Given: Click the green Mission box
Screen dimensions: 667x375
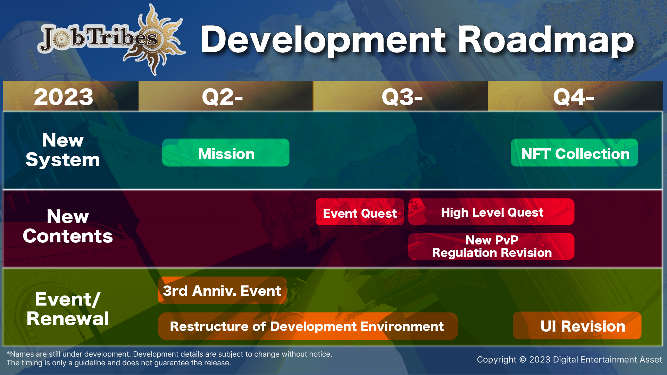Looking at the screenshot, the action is (226, 153).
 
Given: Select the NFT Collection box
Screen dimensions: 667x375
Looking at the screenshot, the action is (574, 153).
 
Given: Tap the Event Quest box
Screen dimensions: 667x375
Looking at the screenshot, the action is (360, 212).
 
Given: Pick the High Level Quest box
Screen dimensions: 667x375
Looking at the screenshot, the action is (491, 212).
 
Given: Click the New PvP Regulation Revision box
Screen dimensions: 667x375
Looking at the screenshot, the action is (491, 247).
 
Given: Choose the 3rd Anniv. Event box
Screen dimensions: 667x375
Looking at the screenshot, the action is (222, 290).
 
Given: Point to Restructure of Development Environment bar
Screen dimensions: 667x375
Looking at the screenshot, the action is (308, 326).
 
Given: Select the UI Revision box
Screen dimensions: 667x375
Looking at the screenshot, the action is (577, 326).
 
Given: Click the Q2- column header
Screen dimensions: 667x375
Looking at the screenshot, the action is (226, 96).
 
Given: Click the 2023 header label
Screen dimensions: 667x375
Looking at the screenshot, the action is (64, 97).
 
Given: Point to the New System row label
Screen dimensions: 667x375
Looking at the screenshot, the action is (63, 150).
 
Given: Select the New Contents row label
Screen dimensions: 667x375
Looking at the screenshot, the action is (68, 226).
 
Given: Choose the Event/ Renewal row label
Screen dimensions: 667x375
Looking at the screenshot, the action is (68, 309).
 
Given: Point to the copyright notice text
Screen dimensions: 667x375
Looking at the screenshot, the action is (569, 360).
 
